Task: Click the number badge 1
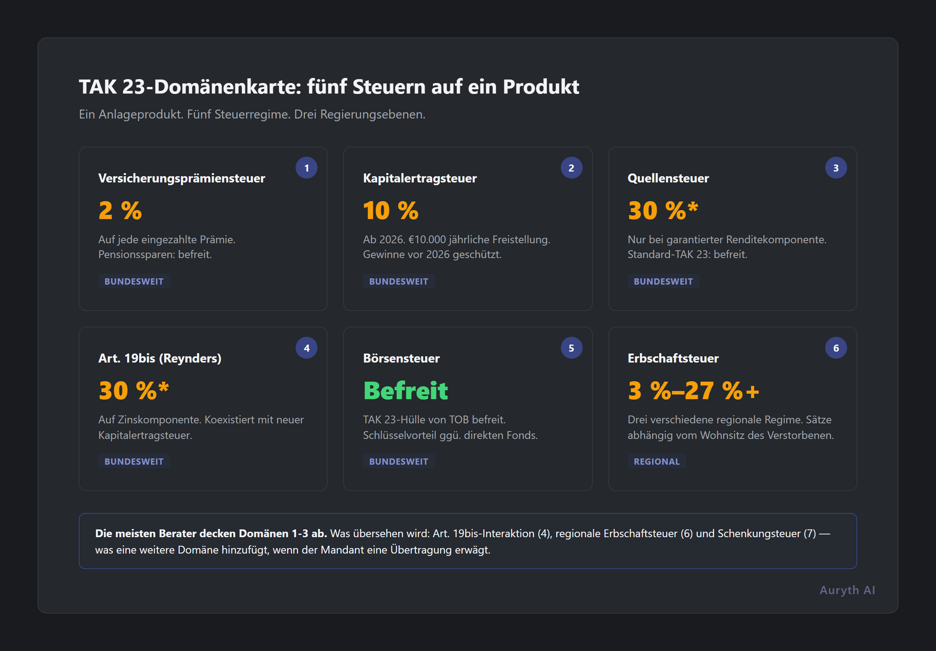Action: pyautogui.click(x=307, y=168)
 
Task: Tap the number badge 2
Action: pyautogui.click(x=571, y=168)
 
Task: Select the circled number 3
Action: pyautogui.click(x=836, y=168)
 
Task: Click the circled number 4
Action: pyautogui.click(x=307, y=348)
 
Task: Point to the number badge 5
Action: pyautogui.click(x=571, y=348)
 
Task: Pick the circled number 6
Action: pyautogui.click(x=836, y=348)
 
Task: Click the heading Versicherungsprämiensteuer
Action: pyautogui.click(x=181, y=179)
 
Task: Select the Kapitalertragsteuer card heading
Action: pyautogui.click(x=420, y=179)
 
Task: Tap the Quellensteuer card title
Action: pyautogui.click(x=668, y=179)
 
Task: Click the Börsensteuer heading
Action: pyautogui.click(x=401, y=359)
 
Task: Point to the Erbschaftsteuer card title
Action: pyautogui.click(x=673, y=359)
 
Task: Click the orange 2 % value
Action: pyautogui.click(x=120, y=211)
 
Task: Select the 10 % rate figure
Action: pyautogui.click(x=390, y=211)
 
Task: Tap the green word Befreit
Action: pyautogui.click(x=405, y=391)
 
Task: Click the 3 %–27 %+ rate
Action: pyautogui.click(x=693, y=391)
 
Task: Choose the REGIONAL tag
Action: pyautogui.click(x=656, y=462)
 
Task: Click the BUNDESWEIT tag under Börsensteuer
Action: pyautogui.click(x=398, y=462)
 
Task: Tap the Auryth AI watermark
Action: pyautogui.click(x=847, y=590)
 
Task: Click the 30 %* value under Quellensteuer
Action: pyautogui.click(x=663, y=211)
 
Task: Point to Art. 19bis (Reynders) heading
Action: pyautogui.click(x=160, y=359)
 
